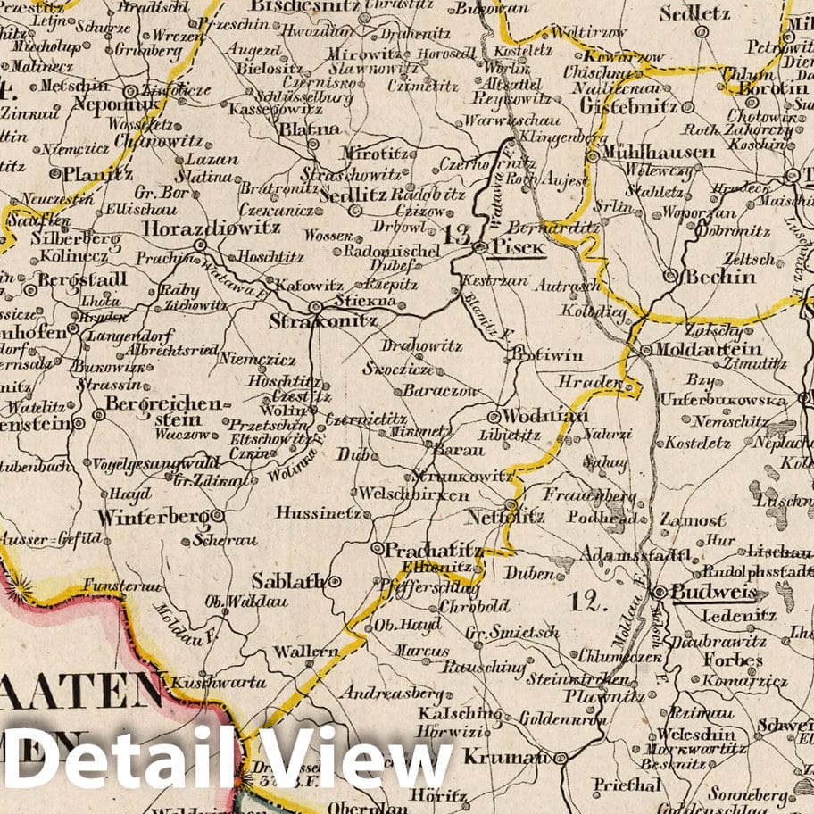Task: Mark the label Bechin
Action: (x=719, y=277)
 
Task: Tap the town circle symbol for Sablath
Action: (x=336, y=581)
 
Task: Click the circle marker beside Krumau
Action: (x=561, y=758)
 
